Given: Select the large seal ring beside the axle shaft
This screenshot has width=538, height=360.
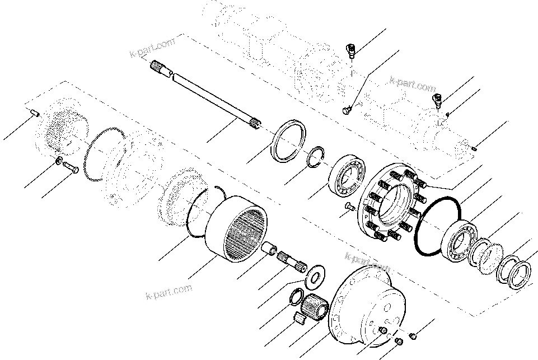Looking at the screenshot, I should [x=289, y=139].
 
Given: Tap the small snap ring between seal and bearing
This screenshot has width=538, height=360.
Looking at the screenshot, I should [x=317, y=156].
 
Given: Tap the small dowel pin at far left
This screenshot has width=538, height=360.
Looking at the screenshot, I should [x=34, y=113].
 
